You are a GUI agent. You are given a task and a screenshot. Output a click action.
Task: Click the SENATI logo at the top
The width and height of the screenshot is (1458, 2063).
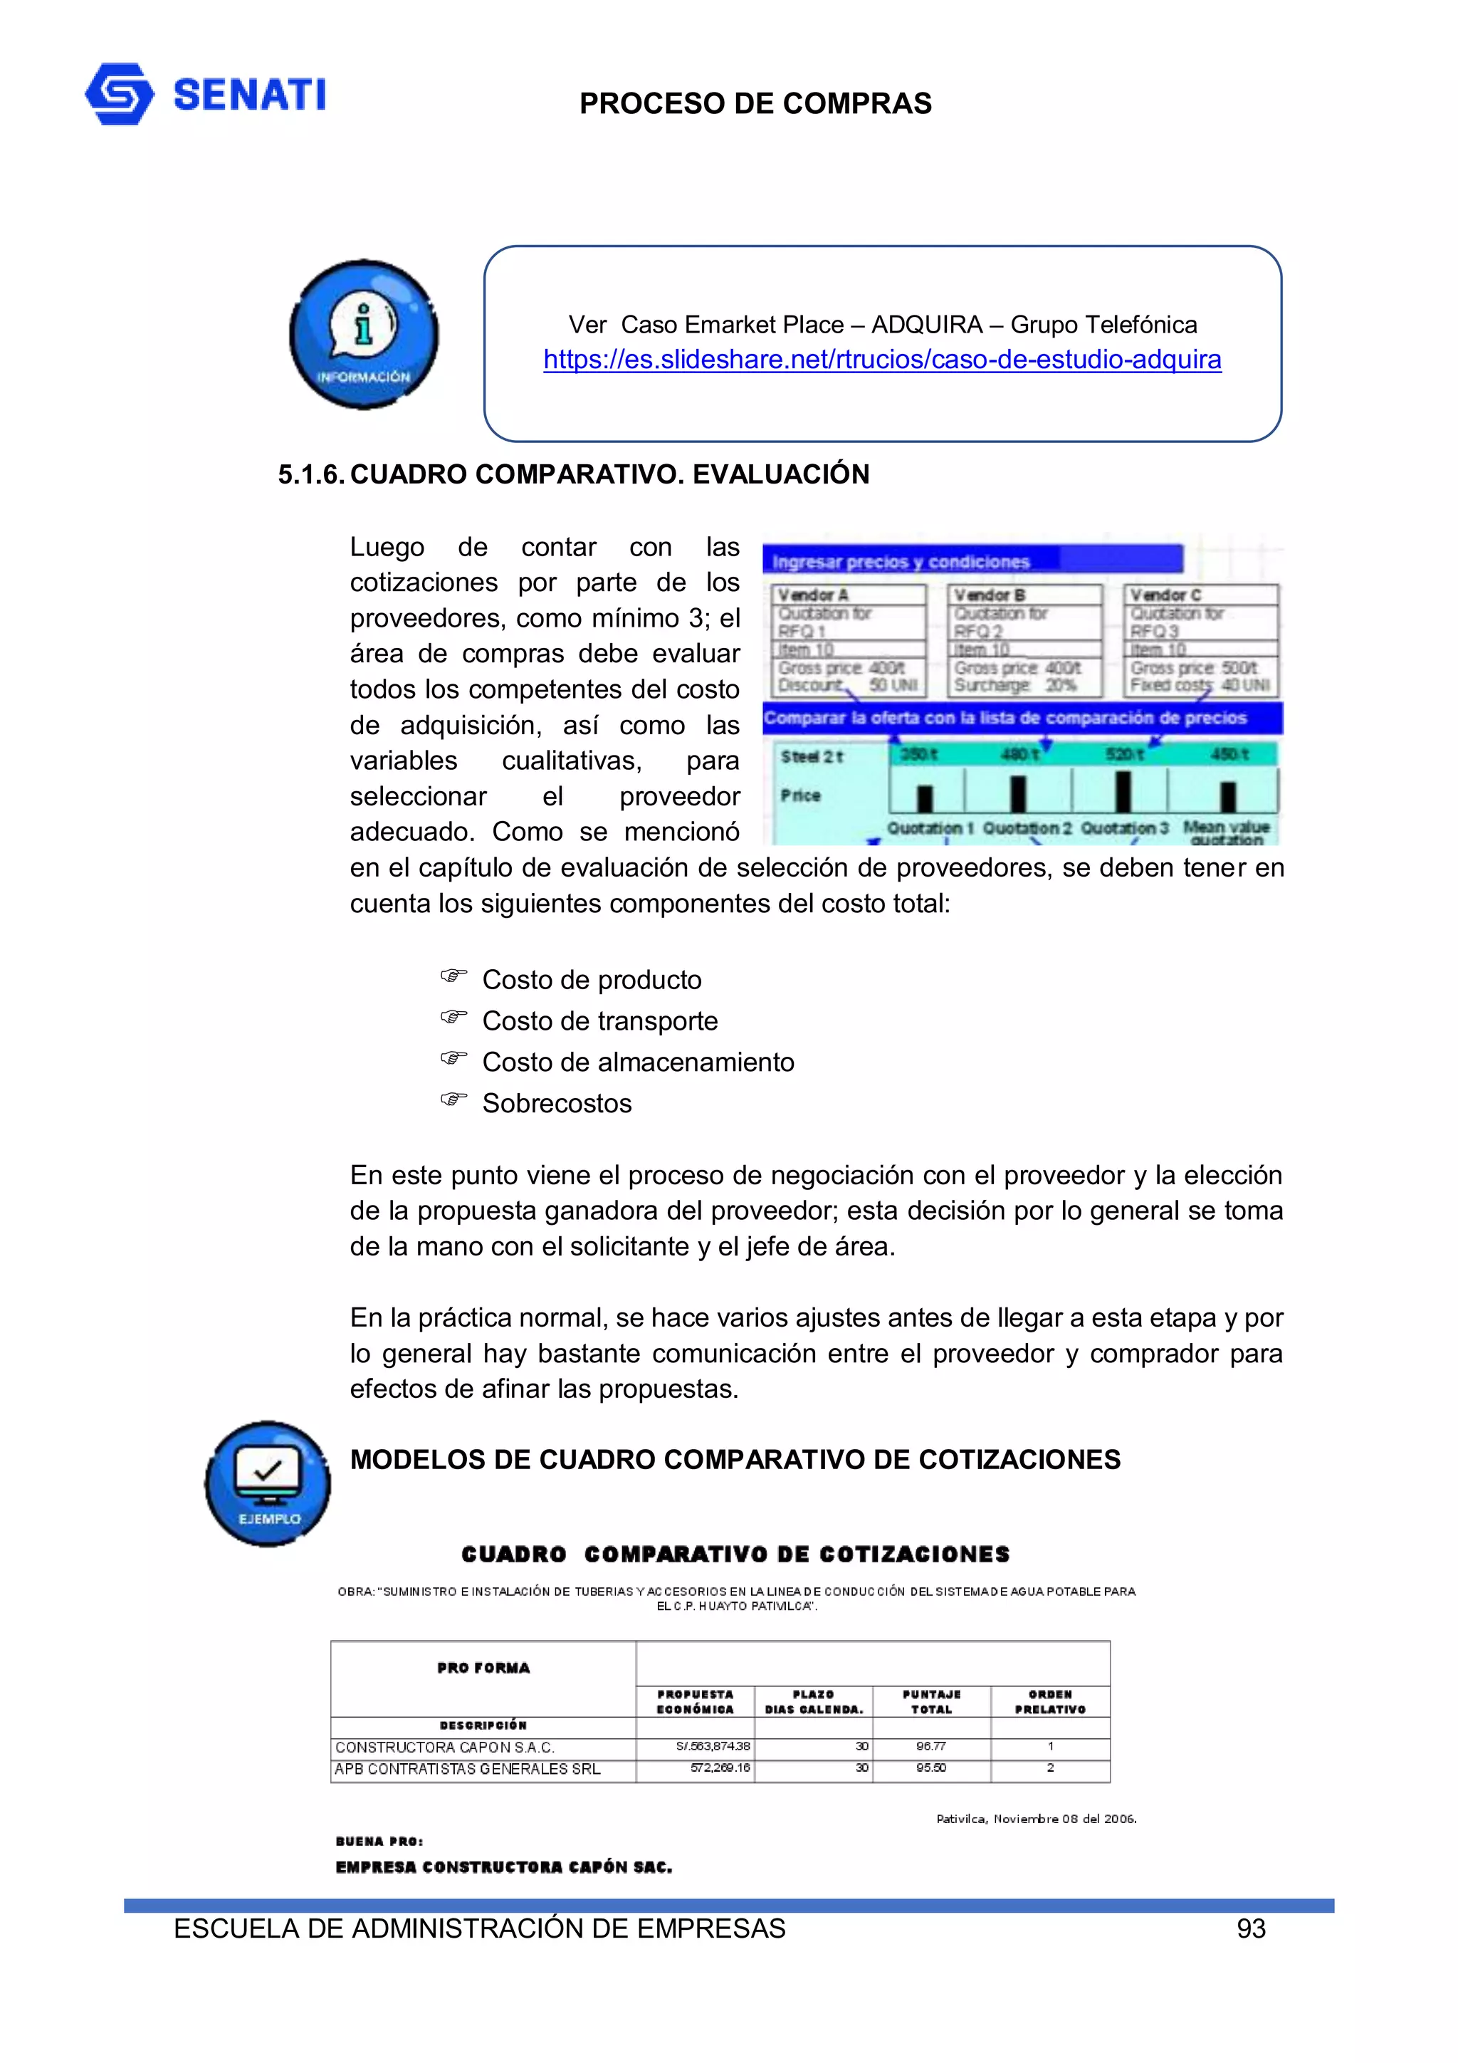pyautogui.click(x=205, y=94)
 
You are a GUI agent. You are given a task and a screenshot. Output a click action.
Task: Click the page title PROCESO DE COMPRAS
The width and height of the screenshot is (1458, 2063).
pyautogui.click(x=755, y=104)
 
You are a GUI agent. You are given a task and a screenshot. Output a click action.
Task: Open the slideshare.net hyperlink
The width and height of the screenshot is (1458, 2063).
pyautogui.click(x=881, y=360)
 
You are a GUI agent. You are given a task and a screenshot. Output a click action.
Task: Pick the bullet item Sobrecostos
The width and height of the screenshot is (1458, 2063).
pyautogui.click(x=556, y=1103)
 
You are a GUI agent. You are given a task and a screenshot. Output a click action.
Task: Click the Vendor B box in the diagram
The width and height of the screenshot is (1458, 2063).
pyautogui.click(x=1024, y=639)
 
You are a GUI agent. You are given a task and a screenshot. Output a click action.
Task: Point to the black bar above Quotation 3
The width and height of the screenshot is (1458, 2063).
pyautogui.click(x=1123, y=792)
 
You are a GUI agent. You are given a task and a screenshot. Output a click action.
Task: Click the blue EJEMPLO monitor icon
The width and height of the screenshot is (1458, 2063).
pyautogui.click(x=268, y=1483)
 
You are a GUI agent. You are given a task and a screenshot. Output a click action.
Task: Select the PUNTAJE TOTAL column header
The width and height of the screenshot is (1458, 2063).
pyautogui.click(x=932, y=1702)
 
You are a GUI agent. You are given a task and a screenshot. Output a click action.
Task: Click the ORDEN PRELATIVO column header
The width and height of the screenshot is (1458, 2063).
pyautogui.click(x=1049, y=1702)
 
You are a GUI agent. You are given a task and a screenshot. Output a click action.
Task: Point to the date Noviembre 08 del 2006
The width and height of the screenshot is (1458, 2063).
pyautogui.click(x=1036, y=1819)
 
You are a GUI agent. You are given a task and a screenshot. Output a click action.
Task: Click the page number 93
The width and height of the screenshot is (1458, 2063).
pyautogui.click(x=1251, y=1929)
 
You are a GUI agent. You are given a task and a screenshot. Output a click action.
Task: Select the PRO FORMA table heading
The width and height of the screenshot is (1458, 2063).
pyautogui.click(x=483, y=1668)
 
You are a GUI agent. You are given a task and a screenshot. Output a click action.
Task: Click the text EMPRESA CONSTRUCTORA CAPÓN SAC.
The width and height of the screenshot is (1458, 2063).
pyautogui.click(x=503, y=1867)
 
